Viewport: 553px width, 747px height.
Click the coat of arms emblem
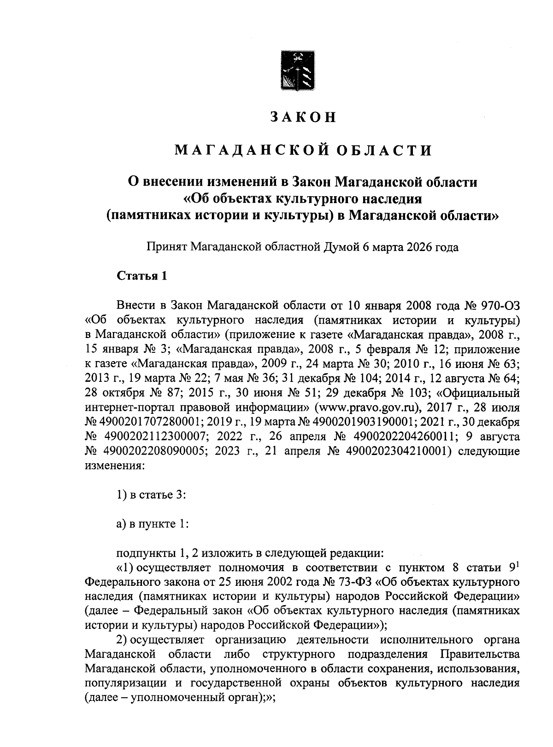[x=297, y=72]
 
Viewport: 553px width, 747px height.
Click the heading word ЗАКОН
[x=303, y=117]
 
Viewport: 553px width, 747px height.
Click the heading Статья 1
[x=141, y=276]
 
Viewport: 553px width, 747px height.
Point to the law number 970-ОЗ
[x=500, y=305]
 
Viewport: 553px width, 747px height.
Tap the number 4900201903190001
[x=364, y=422]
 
